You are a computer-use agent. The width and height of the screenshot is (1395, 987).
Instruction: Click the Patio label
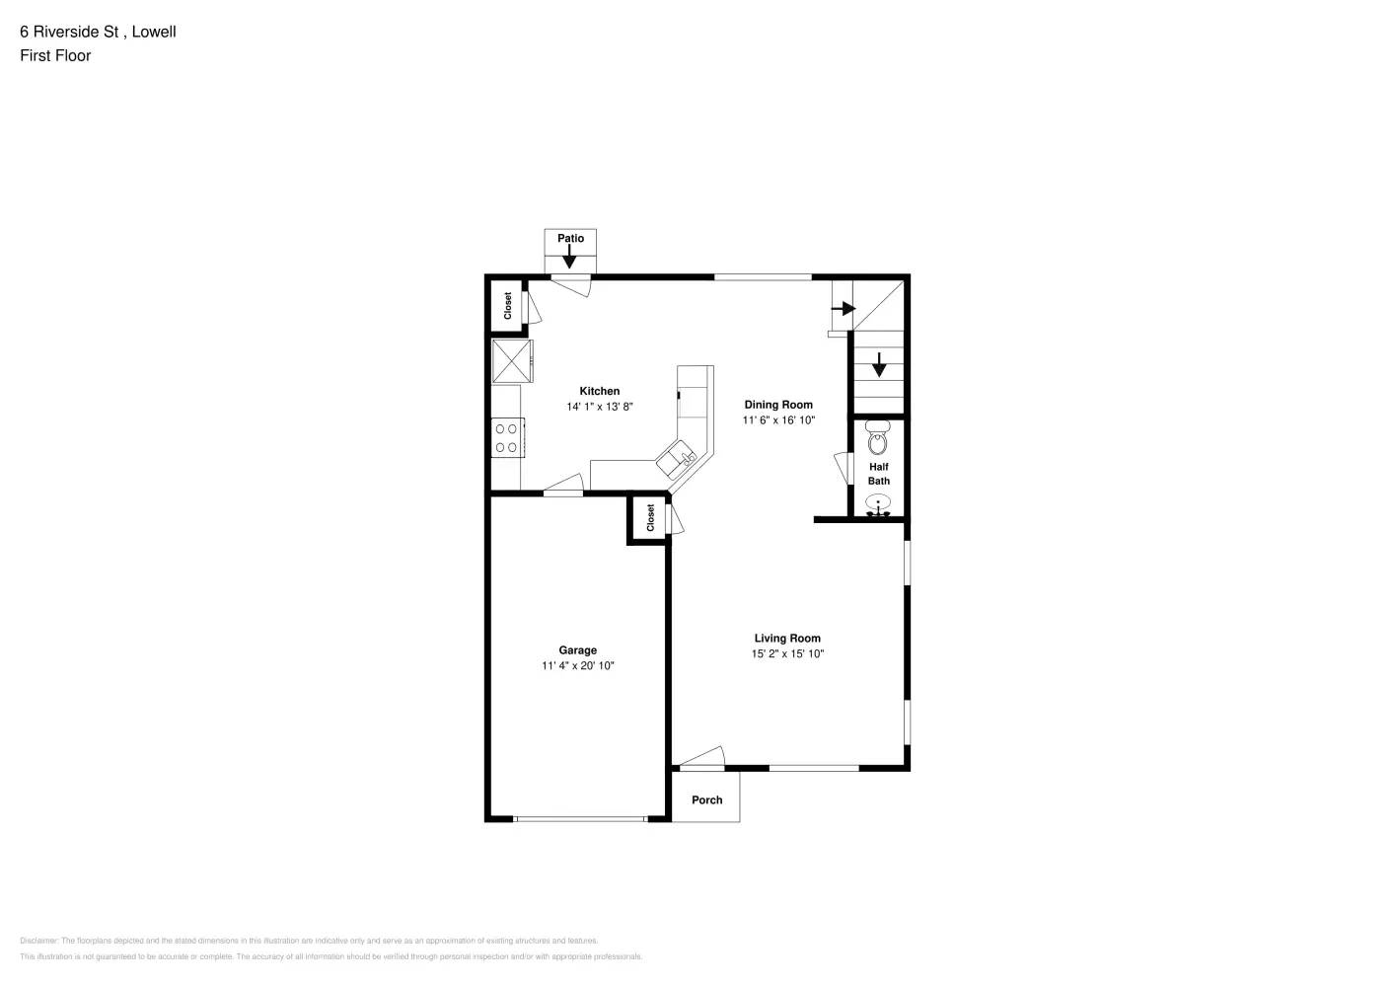(570, 238)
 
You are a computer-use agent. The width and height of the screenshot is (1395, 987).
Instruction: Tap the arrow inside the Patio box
(569, 256)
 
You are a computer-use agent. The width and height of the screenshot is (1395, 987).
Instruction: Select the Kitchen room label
(599, 391)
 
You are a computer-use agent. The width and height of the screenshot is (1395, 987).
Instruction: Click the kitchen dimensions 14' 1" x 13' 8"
(599, 407)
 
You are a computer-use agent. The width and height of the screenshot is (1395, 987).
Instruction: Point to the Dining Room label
(778, 405)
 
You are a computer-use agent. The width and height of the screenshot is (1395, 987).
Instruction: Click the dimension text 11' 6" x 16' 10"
(778, 420)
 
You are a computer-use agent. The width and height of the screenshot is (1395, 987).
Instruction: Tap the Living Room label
(787, 639)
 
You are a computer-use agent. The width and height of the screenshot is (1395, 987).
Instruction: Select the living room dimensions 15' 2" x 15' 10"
(787, 654)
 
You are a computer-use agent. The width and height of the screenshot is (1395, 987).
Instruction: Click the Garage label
(577, 650)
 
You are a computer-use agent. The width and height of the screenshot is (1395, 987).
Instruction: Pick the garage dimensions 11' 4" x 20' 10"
(577, 666)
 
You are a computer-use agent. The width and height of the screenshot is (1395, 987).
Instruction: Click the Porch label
(706, 800)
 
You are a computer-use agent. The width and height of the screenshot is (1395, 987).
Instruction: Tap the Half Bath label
(878, 474)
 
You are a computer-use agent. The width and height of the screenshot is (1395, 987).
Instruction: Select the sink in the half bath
(877, 505)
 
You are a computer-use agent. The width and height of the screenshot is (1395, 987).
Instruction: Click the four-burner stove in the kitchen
(507, 437)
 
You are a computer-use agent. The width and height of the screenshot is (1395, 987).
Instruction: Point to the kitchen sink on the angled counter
(678, 458)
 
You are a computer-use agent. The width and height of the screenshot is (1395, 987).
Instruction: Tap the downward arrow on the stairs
(878, 365)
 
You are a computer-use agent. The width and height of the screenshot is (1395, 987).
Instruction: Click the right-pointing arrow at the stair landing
(843, 309)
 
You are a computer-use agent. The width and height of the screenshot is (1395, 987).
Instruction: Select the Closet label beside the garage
(650, 518)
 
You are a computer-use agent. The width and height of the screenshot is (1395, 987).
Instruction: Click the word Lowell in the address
(154, 32)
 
